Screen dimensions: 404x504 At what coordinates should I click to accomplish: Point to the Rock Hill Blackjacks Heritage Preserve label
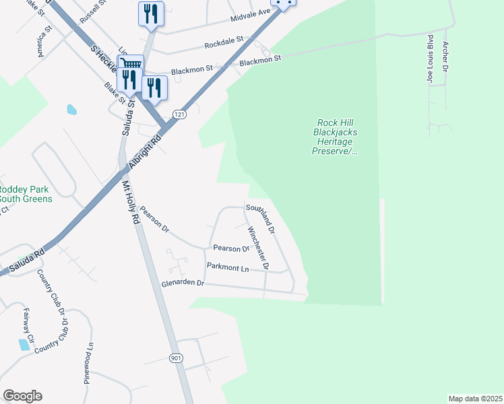coord(336,137)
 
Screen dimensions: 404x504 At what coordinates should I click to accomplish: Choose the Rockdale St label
coord(224,44)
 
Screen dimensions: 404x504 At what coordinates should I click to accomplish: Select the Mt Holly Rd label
coord(131,201)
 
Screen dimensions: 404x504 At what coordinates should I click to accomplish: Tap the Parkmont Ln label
coord(228,268)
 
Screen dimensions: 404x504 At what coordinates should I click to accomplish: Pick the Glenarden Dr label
coord(182,283)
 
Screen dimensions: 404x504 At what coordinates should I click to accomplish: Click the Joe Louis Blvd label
coord(429,60)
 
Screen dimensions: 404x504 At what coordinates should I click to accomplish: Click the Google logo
coord(22,396)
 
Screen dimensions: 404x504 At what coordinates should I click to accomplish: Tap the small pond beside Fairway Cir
coord(24,345)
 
